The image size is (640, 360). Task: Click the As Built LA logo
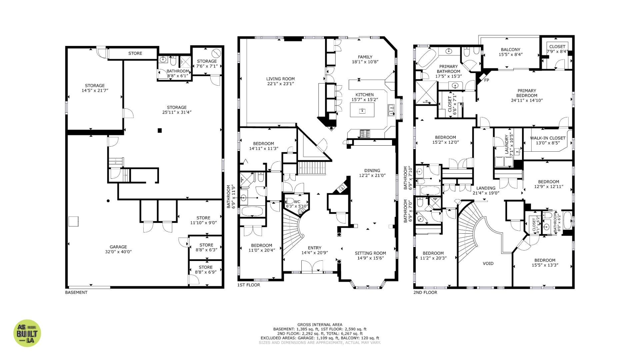pyautogui.click(x=27, y=333)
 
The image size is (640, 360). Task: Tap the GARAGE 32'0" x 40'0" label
pyautogui.click(x=118, y=249)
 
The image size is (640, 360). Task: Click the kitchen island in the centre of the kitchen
pyautogui.click(x=362, y=110)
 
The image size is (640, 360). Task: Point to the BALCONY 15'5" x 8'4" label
pyautogui.click(x=510, y=52)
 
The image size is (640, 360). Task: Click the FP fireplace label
pyautogui.click(x=486, y=80)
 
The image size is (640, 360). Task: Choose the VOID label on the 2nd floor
pyautogui.click(x=488, y=263)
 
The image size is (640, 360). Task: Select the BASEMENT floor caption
pyautogui.click(x=76, y=292)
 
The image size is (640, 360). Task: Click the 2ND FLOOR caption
pyautogui.click(x=425, y=292)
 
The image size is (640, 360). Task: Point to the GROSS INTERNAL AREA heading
pyautogui.click(x=320, y=324)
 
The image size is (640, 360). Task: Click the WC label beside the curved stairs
pyautogui.click(x=297, y=202)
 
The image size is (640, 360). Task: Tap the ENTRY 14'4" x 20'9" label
pyautogui.click(x=315, y=250)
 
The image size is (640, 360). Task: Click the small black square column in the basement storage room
pyautogui.click(x=160, y=131)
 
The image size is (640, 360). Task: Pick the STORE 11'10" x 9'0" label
pyautogui.click(x=203, y=220)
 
